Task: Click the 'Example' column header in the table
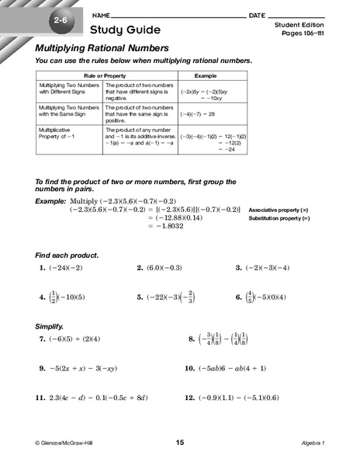coord(205,77)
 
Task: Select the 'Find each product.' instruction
coord(67,256)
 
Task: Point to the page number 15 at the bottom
coord(180,443)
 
